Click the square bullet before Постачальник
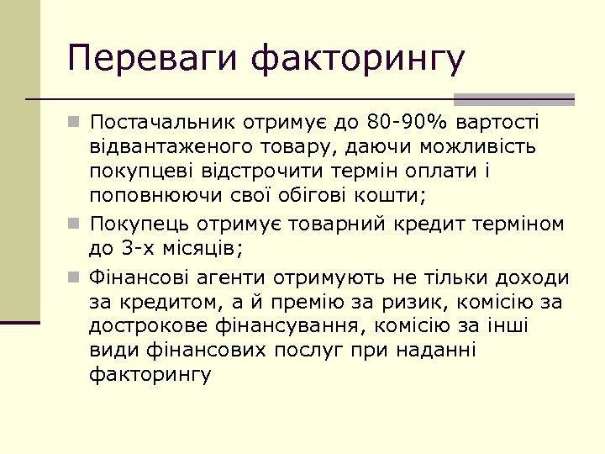(x=76, y=124)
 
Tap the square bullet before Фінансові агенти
(x=76, y=277)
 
